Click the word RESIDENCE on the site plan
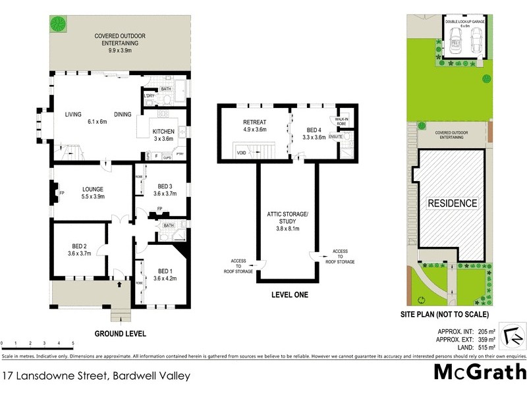click(x=453, y=203)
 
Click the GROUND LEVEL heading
click(x=120, y=333)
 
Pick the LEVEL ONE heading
click(x=289, y=295)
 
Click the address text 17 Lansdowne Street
click(x=96, y=376)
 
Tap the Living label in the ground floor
click(x=73, y=115)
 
